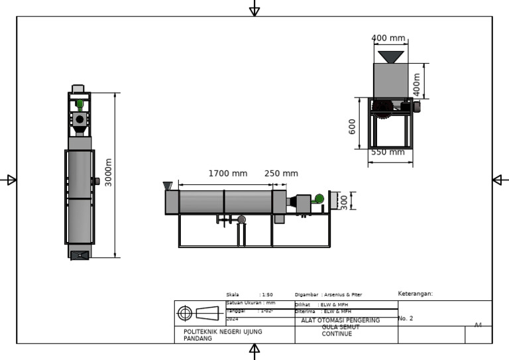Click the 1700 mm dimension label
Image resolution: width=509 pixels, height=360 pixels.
[x=227, y=174]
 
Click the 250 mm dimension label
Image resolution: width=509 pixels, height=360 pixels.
[x=281, y=174]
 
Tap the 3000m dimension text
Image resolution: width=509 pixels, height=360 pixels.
[x=109, y=172]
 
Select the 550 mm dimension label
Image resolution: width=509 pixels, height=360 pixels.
[x=387, y=152]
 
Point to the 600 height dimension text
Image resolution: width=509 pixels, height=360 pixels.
[x=353, y=126]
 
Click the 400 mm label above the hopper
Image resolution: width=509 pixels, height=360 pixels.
[x=388, y=38]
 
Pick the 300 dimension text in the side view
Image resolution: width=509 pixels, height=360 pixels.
[x=343, y=201]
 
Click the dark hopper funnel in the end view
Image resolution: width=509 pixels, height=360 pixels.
[x=390, y=57]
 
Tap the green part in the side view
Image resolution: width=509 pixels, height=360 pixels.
[x=319, y=198]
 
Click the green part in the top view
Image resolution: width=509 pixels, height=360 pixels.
[x=80, y=103]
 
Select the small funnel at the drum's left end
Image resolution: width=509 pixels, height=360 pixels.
[x=168, y=186]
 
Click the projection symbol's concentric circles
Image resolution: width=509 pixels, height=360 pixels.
[x=185, y=313]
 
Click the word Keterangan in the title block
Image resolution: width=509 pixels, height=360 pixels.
[x=415, y=294]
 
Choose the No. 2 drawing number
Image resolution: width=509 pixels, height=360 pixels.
[x=406, y=319]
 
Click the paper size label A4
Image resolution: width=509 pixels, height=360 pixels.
[x=478, y=325]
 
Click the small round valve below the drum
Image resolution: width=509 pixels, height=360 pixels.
[x=241, y=219]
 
